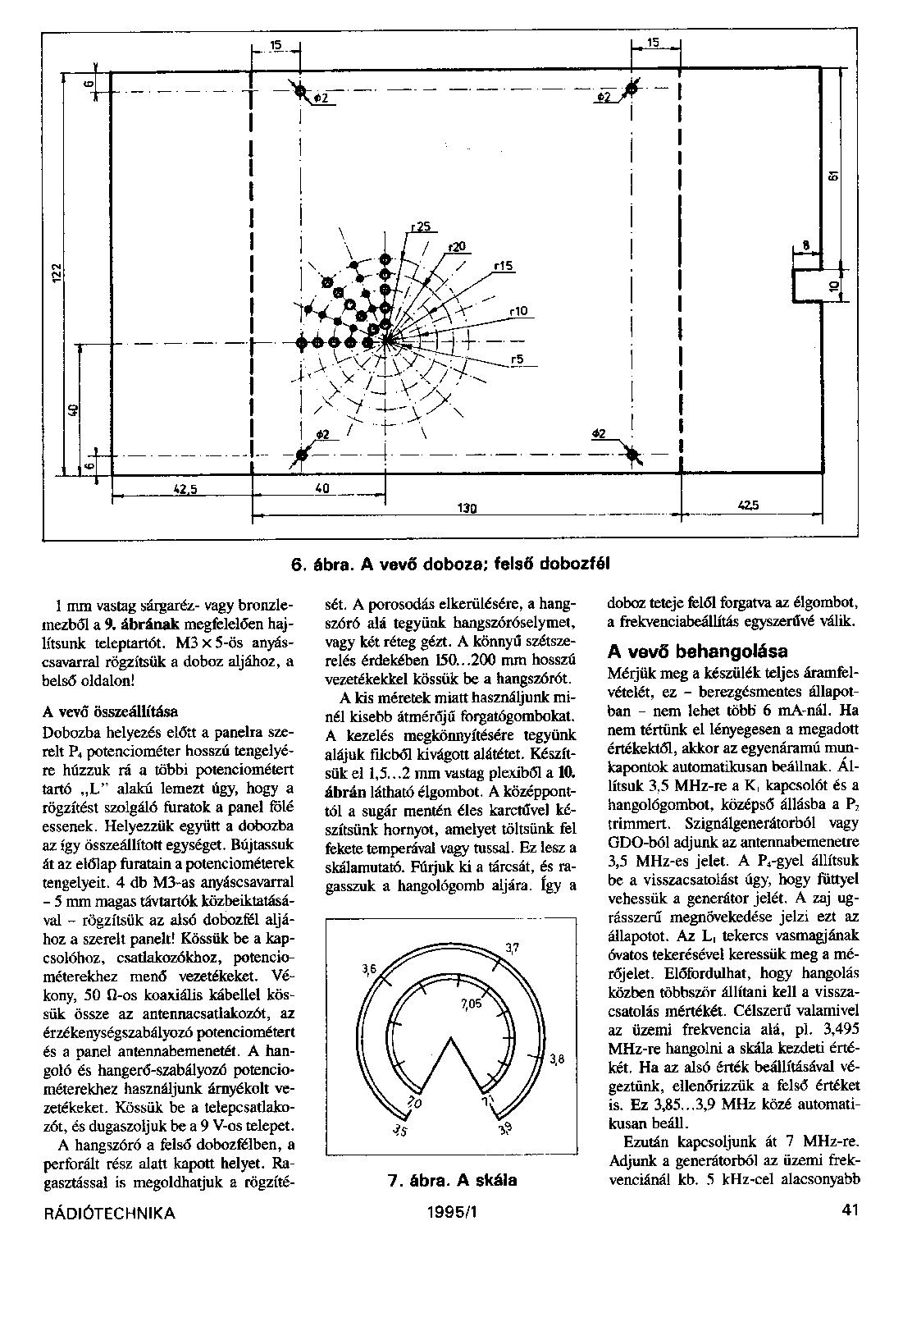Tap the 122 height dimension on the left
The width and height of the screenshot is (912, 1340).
point(54,270)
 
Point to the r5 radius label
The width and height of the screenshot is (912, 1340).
point(518,359)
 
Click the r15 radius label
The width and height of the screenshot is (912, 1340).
point(503,265)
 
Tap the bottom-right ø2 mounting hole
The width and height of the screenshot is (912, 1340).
point(632,452)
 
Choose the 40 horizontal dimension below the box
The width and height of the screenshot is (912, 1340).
point(321,488)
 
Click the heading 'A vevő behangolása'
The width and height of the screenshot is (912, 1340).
point(697,652)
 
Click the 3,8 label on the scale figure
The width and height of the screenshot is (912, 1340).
point(558,1059)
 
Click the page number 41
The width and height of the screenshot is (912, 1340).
point(849,1211)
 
